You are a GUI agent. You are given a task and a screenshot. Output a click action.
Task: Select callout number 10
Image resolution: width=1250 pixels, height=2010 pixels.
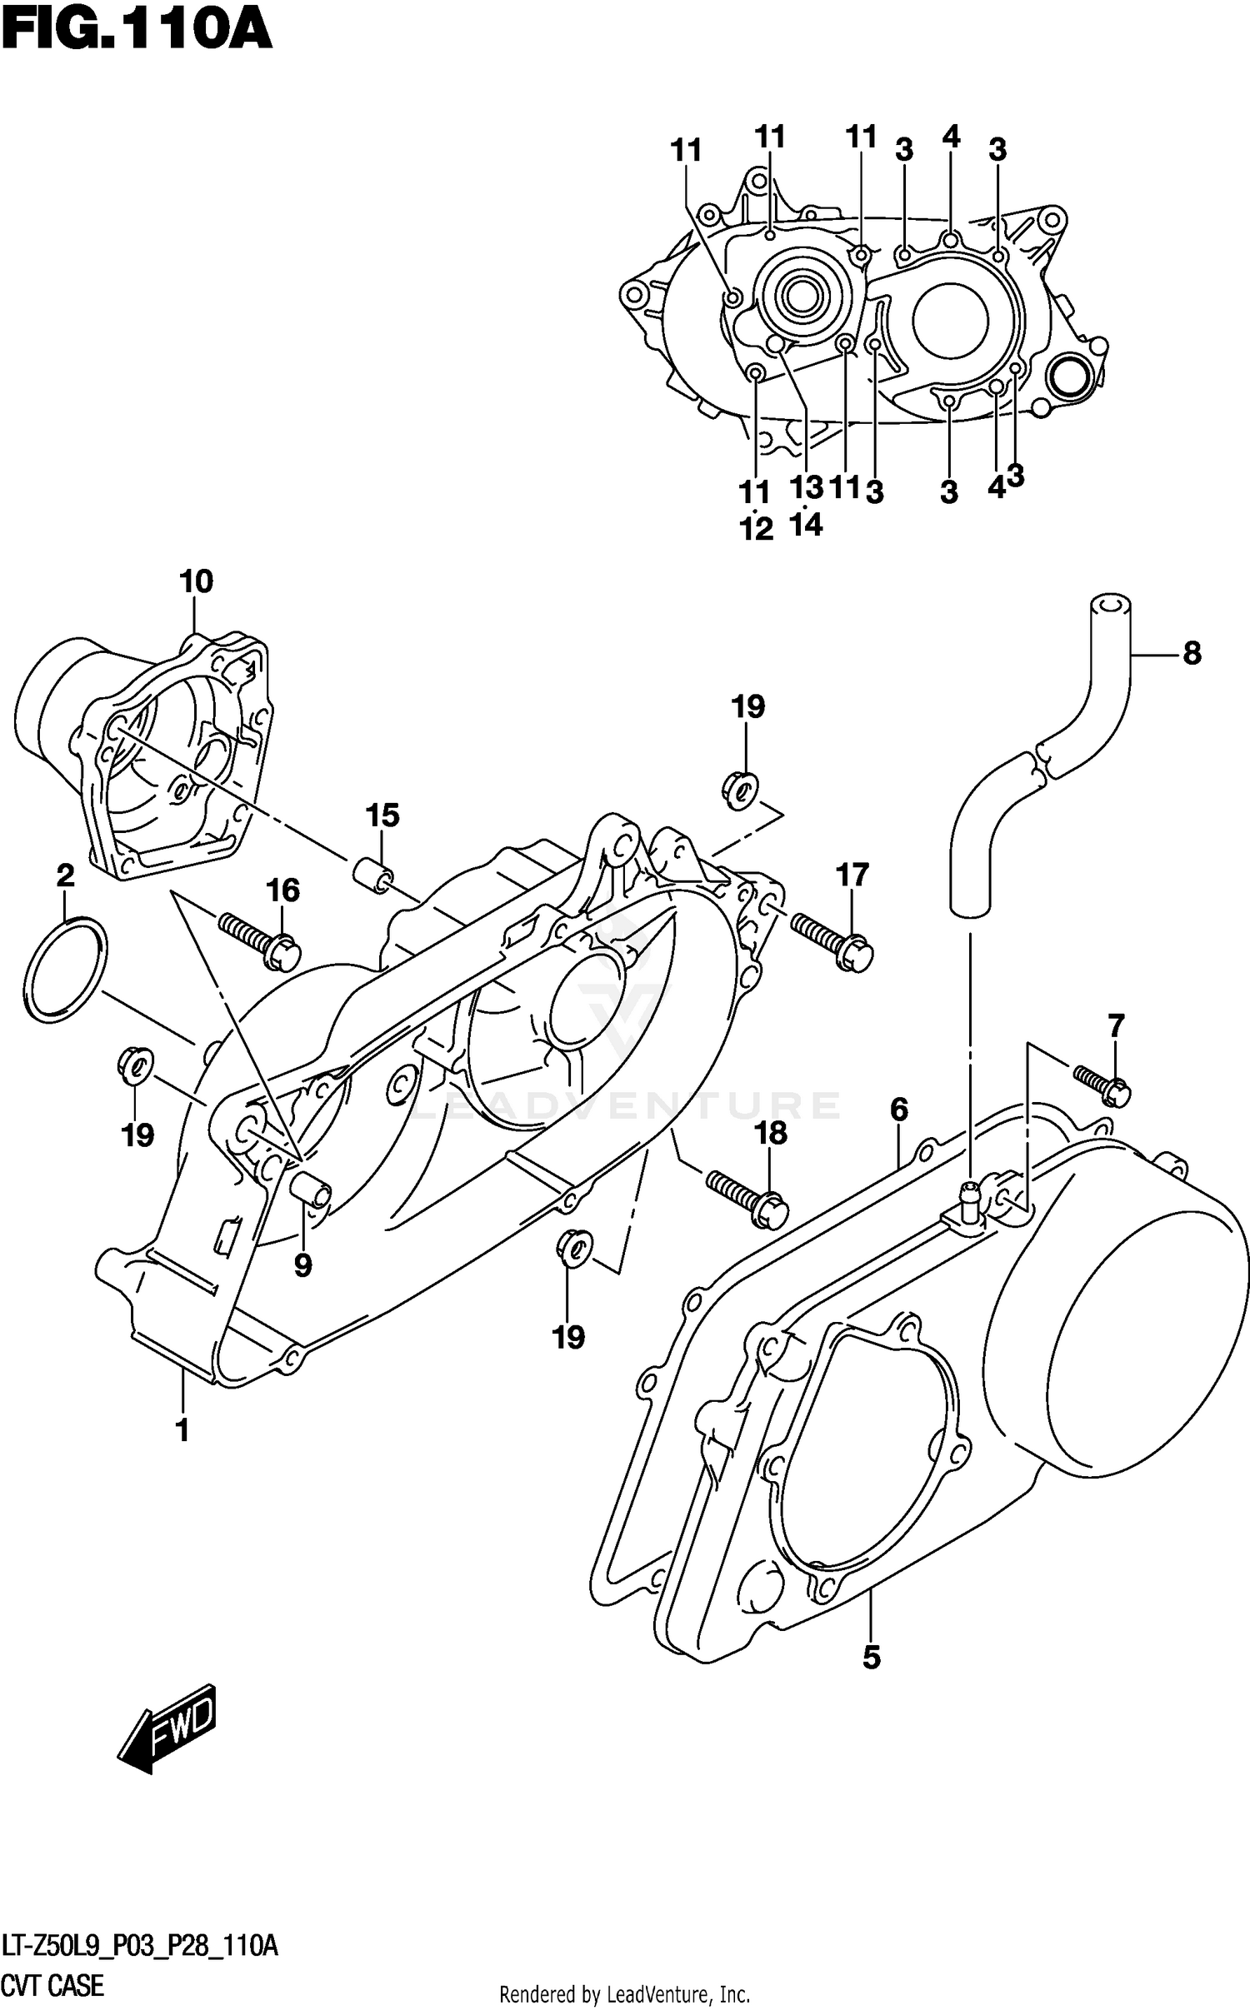(197, 581)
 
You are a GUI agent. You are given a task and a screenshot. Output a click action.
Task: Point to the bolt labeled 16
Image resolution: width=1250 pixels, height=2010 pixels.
(257, 940)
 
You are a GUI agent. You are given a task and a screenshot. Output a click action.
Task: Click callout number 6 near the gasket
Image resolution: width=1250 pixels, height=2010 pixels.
(898, 1110)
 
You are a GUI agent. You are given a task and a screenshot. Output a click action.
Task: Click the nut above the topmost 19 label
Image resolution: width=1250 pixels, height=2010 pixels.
(739, 788)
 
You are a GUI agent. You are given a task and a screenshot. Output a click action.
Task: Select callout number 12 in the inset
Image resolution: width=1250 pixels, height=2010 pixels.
(757, 529)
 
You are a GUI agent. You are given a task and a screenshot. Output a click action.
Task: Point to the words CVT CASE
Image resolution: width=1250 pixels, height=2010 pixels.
(53, 1985)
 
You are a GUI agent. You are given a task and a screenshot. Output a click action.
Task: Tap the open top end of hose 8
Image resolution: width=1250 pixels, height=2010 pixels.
(1109, 604)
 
